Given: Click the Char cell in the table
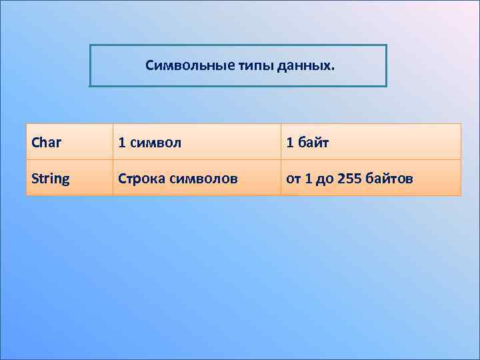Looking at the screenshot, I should point(46,142).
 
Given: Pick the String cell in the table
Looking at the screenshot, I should point(50,179).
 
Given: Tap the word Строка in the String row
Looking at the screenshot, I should point(142,179).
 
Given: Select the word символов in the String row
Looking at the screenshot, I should point(203,179).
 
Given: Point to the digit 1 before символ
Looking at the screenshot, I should point(121,142).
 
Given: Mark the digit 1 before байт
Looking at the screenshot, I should point(289,142).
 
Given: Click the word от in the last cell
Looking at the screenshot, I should point(293,179).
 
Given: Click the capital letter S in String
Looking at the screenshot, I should point(35,179).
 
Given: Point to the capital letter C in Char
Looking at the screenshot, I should point(35,142).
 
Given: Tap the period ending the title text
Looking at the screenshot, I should point(335,69).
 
